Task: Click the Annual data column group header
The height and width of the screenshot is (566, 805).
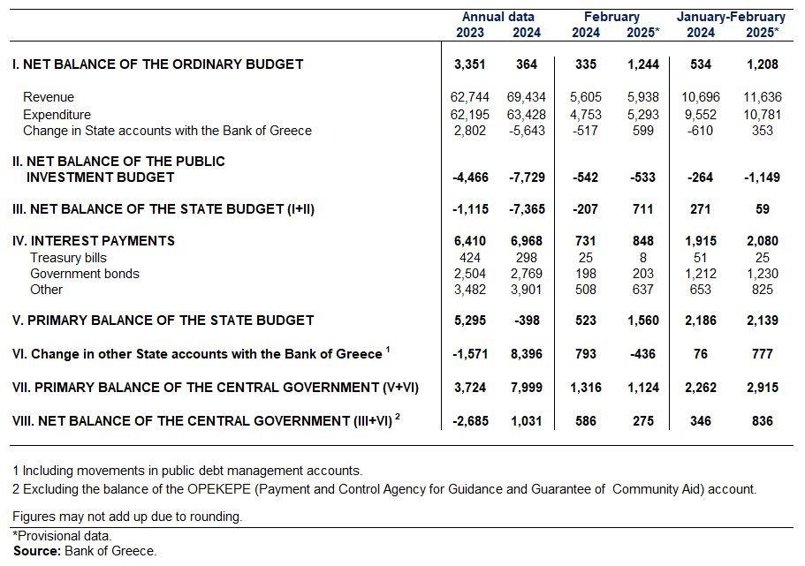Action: click(498, 17)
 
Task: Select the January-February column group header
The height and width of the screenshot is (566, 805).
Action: click(731, 17)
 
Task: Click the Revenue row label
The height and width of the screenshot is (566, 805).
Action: click(49, 97)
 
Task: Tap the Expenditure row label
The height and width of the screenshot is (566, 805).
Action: click(57, 115)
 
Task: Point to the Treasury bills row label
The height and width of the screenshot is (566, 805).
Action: click(68, 258)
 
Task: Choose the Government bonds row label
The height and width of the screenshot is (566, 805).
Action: click(85, 274)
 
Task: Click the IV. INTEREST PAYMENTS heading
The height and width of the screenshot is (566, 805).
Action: click(94, 241)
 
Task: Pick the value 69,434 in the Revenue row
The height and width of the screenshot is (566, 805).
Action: click(527, 97)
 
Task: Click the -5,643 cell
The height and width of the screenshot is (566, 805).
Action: click(527, 131)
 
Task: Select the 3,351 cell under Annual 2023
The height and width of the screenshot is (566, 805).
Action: click(470, 64)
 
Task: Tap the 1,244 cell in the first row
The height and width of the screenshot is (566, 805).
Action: click(643, 64)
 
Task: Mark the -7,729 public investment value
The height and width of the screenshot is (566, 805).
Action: click(527, 177)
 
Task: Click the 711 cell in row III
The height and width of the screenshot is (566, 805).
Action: click(643, 209)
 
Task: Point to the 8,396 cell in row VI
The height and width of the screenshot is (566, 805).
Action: click(527, 354)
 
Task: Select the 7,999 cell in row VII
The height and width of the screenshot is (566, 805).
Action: click(527, 388)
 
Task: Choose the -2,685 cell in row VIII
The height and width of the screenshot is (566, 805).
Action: click(471, 421)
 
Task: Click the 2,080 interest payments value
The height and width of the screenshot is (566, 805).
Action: click(763, 241)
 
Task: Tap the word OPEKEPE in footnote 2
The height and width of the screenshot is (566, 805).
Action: click(219, 489)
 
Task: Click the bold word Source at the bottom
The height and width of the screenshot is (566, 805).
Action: click(37, 551)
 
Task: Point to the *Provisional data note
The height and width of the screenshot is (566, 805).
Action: click(62, 536)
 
